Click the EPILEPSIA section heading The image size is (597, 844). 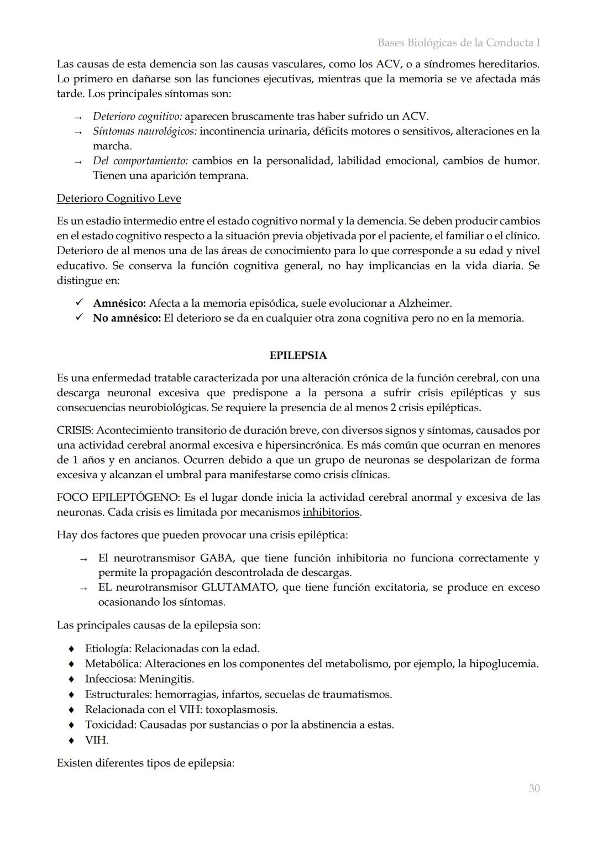[x=298, y=355]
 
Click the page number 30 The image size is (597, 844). [x=534, y=788]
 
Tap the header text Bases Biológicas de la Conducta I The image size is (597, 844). [x=459, y=43]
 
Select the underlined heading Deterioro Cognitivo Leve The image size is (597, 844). [x=119, y=198]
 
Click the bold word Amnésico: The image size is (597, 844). [x=119, y=303]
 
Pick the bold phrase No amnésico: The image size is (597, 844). [x=127, y=318]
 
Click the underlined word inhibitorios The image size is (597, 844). [x=331, y=512]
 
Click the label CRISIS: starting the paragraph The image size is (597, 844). [x=75, y=431]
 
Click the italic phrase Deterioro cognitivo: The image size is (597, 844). [x=137, y=117]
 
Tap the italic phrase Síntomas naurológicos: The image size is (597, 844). [x=145, y=132]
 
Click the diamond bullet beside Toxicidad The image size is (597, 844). [x=71, y=725]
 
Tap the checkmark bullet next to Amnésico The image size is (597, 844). [x=79, y=303]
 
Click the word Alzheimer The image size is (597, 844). [x=427, y=303]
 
